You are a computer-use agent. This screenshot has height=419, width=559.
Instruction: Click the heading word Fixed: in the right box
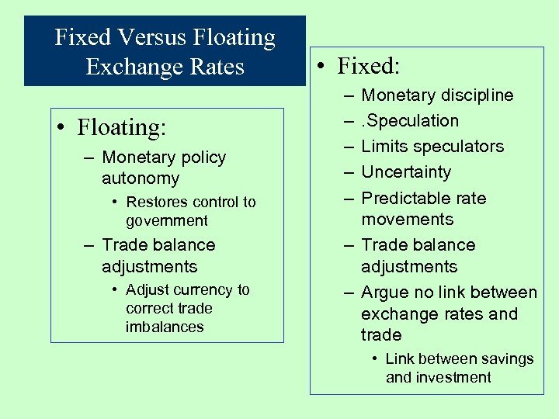click(x=368, y=67)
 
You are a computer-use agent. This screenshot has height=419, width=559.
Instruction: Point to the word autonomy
click(x=141, y=178)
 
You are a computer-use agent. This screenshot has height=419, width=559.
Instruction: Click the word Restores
click(x=158, y=203)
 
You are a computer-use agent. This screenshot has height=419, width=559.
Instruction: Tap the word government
click(x=167, y=221)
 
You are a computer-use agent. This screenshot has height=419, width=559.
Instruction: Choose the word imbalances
click(x=165, y=327)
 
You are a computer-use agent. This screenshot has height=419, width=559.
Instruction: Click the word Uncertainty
click(x=406, y=172)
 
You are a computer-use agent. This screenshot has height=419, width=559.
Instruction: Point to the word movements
click(x=408, y=220)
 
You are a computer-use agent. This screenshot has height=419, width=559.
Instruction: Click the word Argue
click(x=386, y=293)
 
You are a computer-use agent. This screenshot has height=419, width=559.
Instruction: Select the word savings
click(x=505, y=359)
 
